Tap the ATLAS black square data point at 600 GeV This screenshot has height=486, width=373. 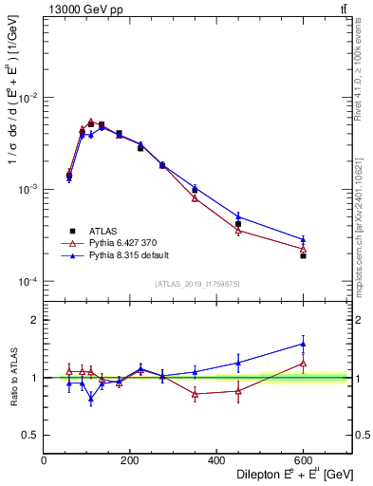303,255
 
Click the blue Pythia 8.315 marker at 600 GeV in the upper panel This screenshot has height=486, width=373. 303,239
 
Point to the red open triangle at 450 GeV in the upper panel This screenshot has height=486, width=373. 238,231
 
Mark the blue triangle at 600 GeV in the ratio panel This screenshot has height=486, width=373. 303,344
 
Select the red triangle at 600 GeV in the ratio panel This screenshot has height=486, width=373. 303,363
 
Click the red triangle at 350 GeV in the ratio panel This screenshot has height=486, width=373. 195,394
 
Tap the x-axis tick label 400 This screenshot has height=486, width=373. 216,460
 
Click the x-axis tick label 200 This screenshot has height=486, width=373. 130,460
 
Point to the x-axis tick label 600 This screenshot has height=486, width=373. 303,460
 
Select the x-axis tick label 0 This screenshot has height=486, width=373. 44,460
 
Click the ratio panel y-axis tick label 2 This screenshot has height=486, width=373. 32,320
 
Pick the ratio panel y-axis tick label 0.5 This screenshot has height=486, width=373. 28,435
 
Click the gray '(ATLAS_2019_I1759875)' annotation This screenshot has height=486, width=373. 197,285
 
